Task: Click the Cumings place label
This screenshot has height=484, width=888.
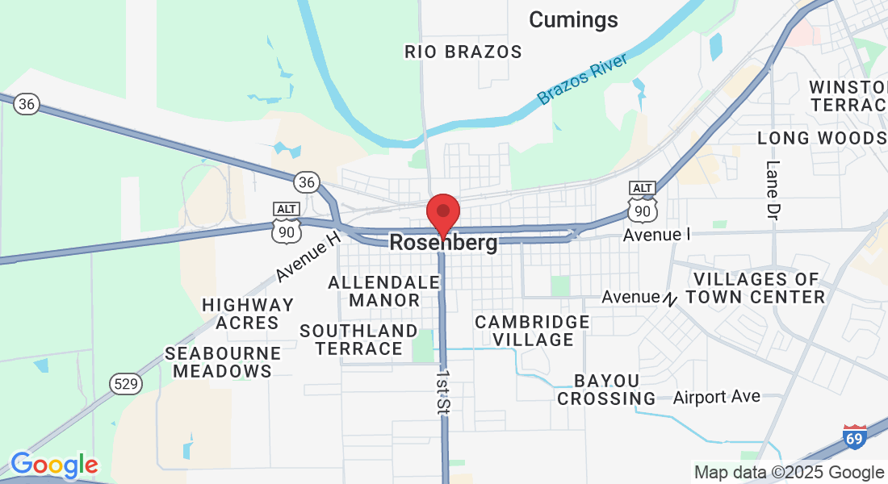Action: coord(573,19)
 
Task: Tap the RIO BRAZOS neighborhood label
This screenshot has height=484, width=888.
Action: coord(463,52)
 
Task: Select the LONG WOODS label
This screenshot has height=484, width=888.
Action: coord(822,138)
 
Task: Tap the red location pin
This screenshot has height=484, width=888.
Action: coord(442,213)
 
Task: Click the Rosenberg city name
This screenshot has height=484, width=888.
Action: coord(443,242)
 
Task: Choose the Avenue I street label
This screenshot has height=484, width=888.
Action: coord(657,235)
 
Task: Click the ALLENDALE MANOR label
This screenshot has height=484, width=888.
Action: coord(384,291)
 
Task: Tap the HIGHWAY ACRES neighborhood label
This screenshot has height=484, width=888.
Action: coord(248,314)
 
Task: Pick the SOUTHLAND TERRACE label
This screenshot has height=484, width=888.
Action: coord(358,340)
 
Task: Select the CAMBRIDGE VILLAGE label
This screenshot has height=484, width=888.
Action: coord(532,330)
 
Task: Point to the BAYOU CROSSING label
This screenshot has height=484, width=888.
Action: coord(607,390)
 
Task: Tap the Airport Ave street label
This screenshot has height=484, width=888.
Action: coord(717,396)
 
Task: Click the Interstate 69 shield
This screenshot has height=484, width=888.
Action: coord(856,436)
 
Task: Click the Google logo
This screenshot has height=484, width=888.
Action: coord(53,465)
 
